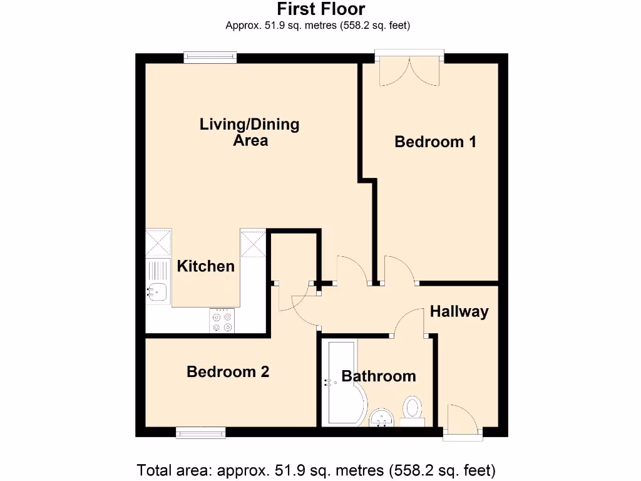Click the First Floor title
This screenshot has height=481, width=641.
(x=320, y=9)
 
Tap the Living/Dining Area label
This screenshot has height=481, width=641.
(x=249, y=132)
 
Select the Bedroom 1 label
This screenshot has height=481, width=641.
(x=435, y=142)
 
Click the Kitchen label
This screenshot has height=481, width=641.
(x=205, y=266)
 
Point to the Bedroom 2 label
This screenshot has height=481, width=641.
(x=228, y=372)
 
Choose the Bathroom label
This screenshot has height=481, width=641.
(x=378, y=376)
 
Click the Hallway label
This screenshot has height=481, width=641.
(x=459, y=311)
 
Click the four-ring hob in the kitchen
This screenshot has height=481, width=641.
(x=222, y=320)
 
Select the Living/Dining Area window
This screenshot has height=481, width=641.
(x=210, y=58)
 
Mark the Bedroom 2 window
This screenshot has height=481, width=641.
(x=200, y=432)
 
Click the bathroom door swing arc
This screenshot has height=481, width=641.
(x=410, y=321)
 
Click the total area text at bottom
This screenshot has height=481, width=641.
(x=316, y=469)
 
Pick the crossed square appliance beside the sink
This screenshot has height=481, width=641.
(x=158, y=242)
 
